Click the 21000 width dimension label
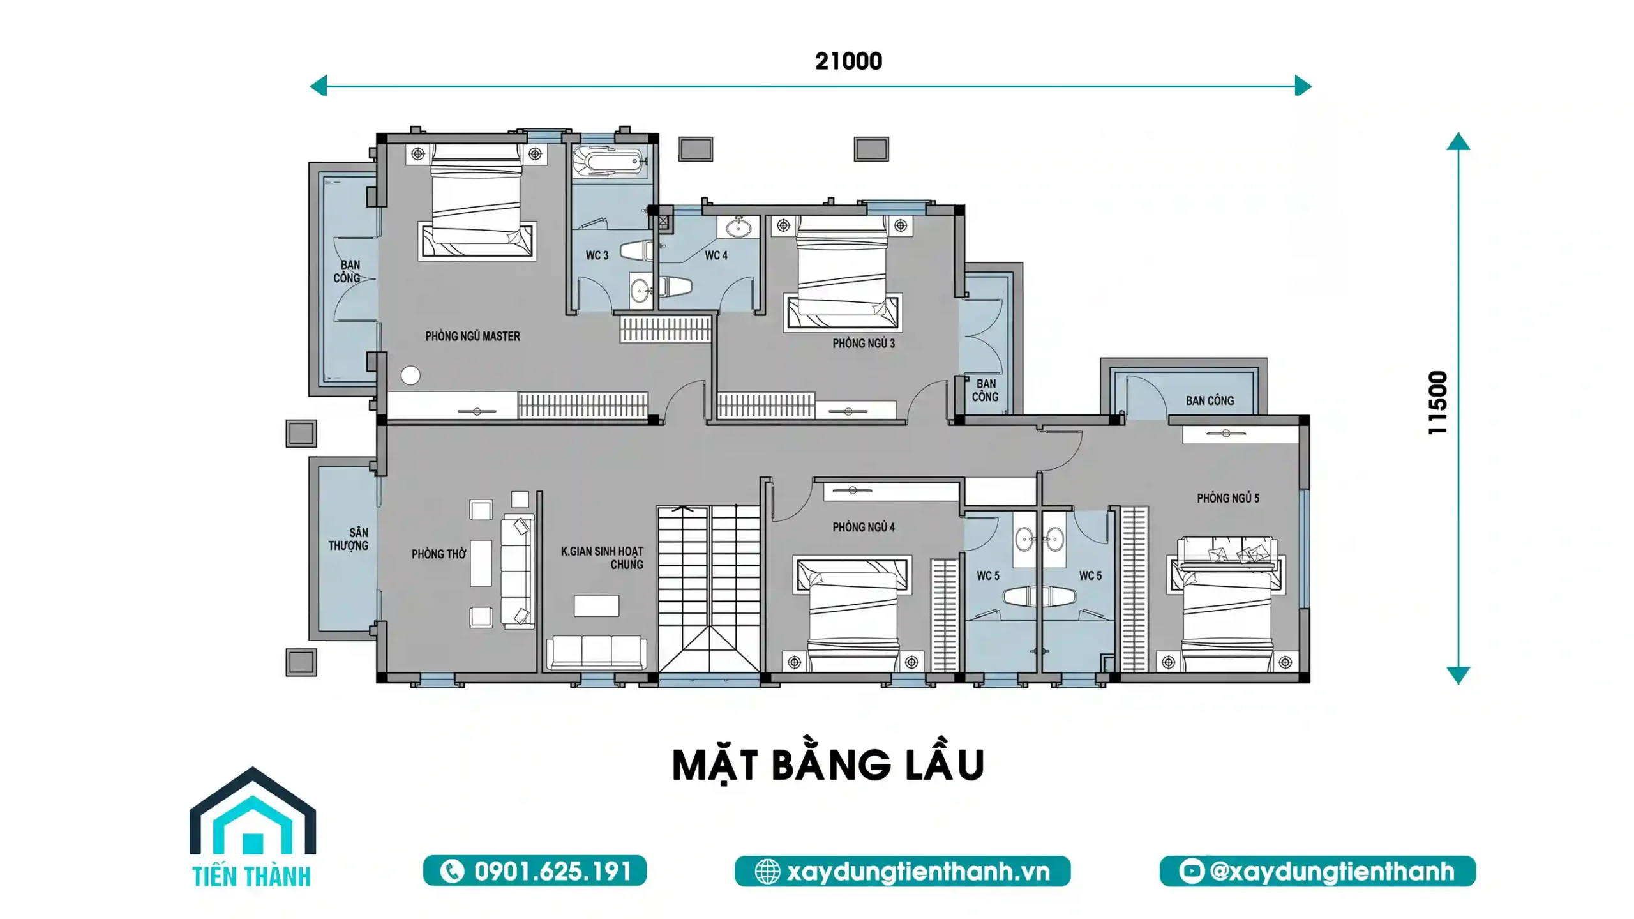tap(848, 61)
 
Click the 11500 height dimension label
tap(1437, 403)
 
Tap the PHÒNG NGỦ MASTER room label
tap(472, 337)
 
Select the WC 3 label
tap(597, 255)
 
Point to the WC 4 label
tap(716, 255)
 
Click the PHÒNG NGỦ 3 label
tap(863, 344)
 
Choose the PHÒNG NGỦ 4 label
tap(863, 528)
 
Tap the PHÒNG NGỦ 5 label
tap(1227, 498)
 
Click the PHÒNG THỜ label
tap(438, 554)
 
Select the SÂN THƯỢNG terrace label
tap(349, 539)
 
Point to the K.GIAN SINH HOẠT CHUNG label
tap(602, 558)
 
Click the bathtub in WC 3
tap(610, 162)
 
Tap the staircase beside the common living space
tap(708, 588)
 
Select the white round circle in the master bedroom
tap(410, 376)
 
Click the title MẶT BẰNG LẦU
tap(828, 765)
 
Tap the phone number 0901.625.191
tap(535, 871)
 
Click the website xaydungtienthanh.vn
tap(902, 871)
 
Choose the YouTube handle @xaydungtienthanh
tap(1317, 871)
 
